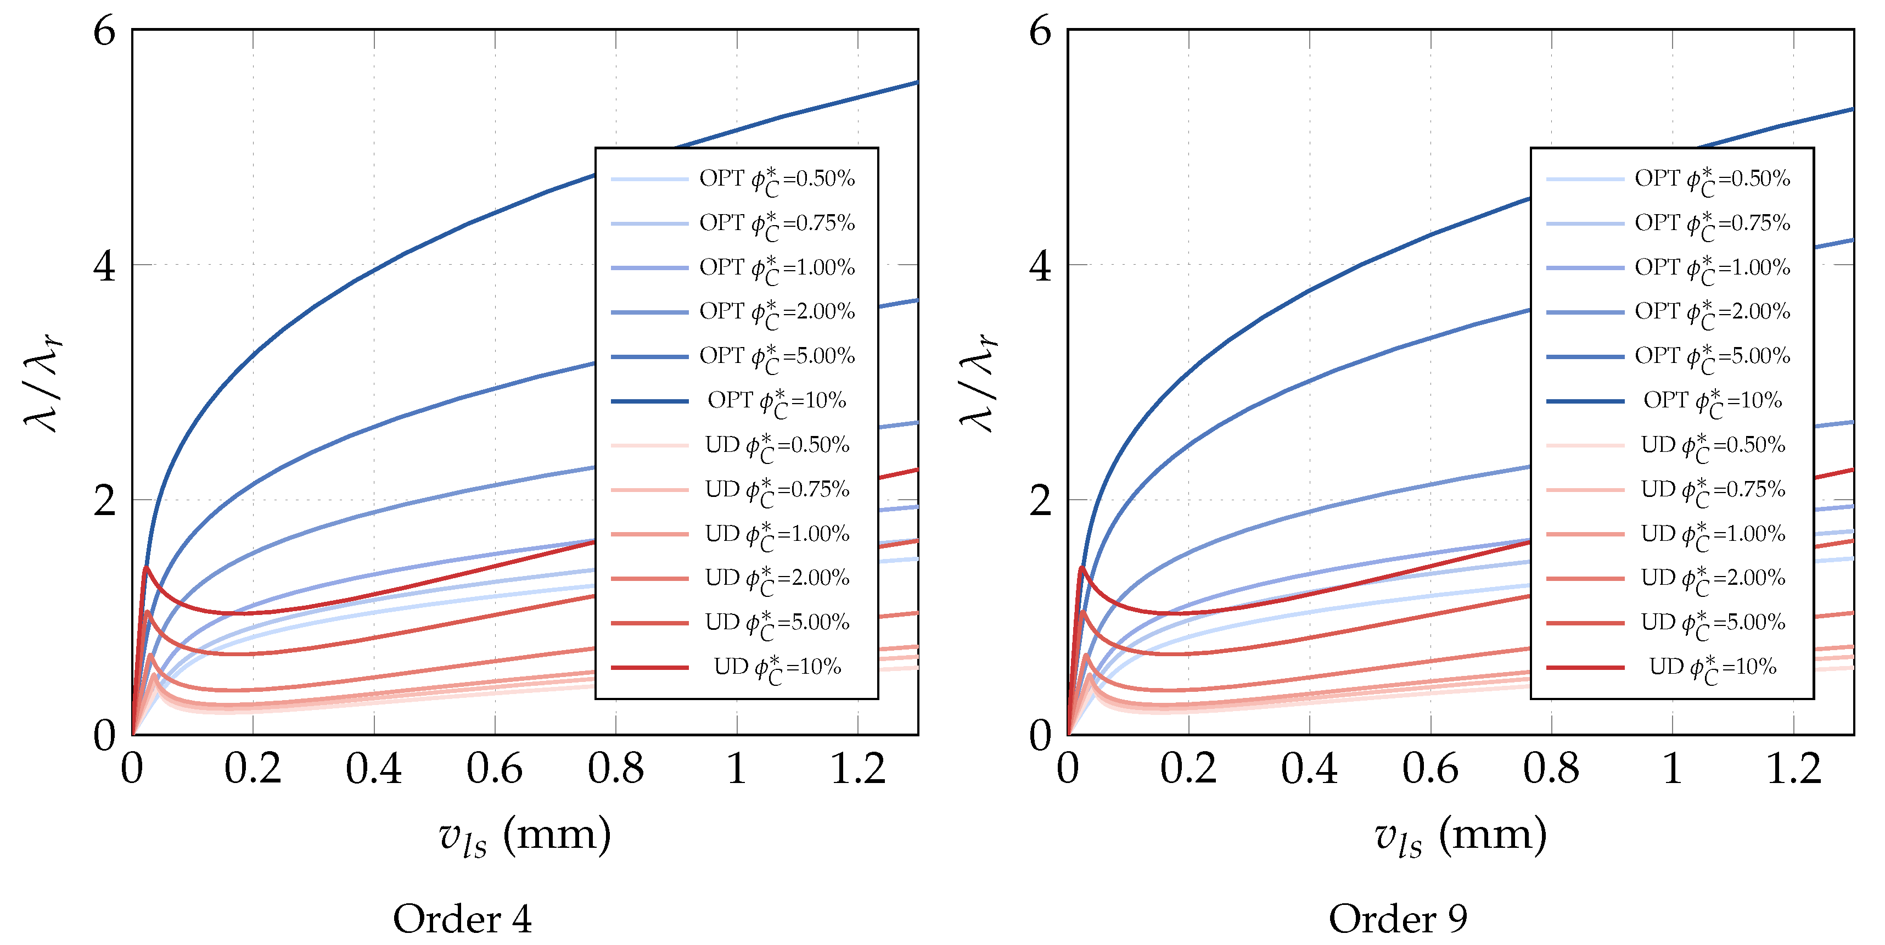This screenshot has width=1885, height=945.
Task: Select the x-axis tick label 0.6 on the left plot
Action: pos(495,769)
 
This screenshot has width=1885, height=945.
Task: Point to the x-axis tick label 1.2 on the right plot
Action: pos(1793,769)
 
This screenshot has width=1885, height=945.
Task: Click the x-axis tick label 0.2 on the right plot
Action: pos(1188,769)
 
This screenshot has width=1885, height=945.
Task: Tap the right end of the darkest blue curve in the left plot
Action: pos(916,83)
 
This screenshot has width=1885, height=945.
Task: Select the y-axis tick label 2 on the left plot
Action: pos(105,501)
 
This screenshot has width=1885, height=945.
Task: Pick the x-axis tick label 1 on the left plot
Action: pos(737,769)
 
